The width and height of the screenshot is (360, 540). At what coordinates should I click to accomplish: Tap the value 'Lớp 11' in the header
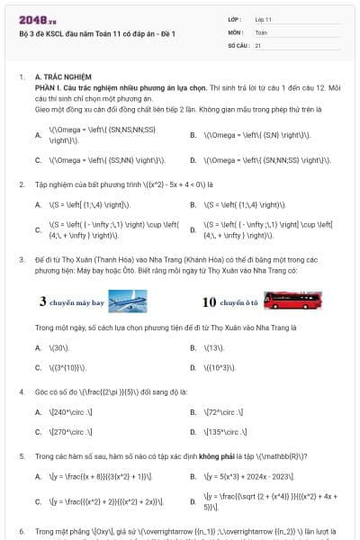264,19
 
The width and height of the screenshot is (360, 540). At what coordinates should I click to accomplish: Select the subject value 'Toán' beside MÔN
262,31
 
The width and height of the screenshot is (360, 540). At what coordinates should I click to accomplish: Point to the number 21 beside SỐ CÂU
258,44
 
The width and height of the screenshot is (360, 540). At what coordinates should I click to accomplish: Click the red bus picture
287,301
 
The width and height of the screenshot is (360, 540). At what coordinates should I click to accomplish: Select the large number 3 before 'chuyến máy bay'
43,302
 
